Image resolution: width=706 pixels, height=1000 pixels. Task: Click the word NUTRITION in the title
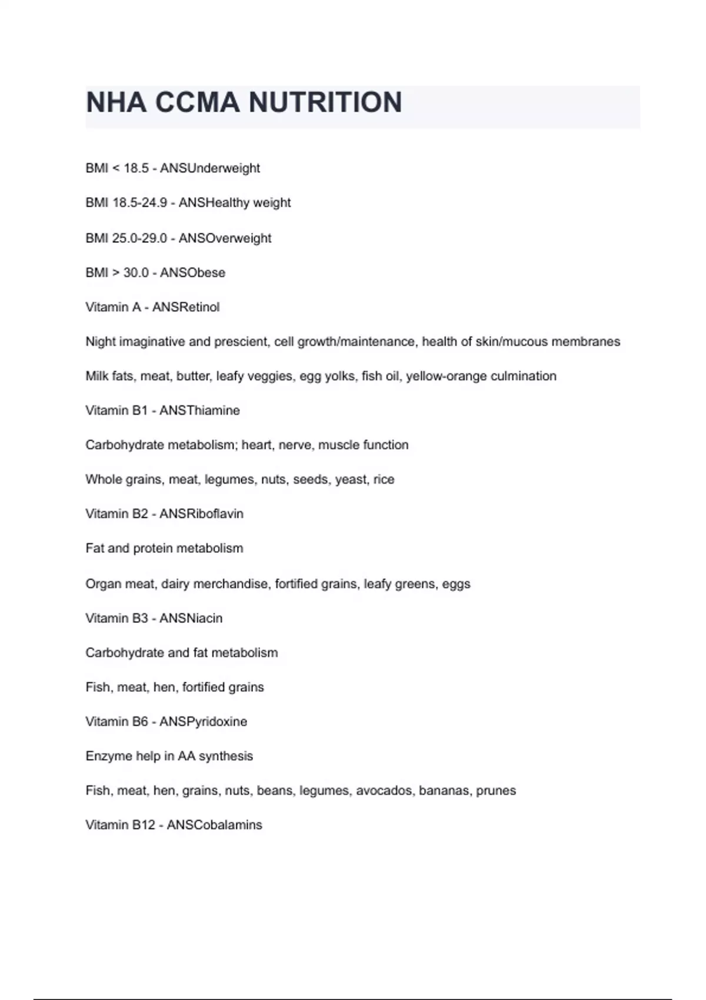coord(325,102)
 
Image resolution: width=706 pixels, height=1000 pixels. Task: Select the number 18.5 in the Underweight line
coord(136,168)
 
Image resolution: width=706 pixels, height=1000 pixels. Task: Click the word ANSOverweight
coord(225,238)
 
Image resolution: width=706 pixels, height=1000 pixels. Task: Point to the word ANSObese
coord(192,273)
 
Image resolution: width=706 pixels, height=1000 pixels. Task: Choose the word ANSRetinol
coord(185,307)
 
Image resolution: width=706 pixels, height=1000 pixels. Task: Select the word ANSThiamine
coord(199,411)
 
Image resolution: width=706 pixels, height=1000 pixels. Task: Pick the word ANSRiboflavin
coord(201,514)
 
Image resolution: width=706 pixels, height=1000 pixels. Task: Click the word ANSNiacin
coord(191,618)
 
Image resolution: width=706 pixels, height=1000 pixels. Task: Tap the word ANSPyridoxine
coord(203,722)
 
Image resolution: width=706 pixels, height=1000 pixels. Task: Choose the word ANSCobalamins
coord(214,825)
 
